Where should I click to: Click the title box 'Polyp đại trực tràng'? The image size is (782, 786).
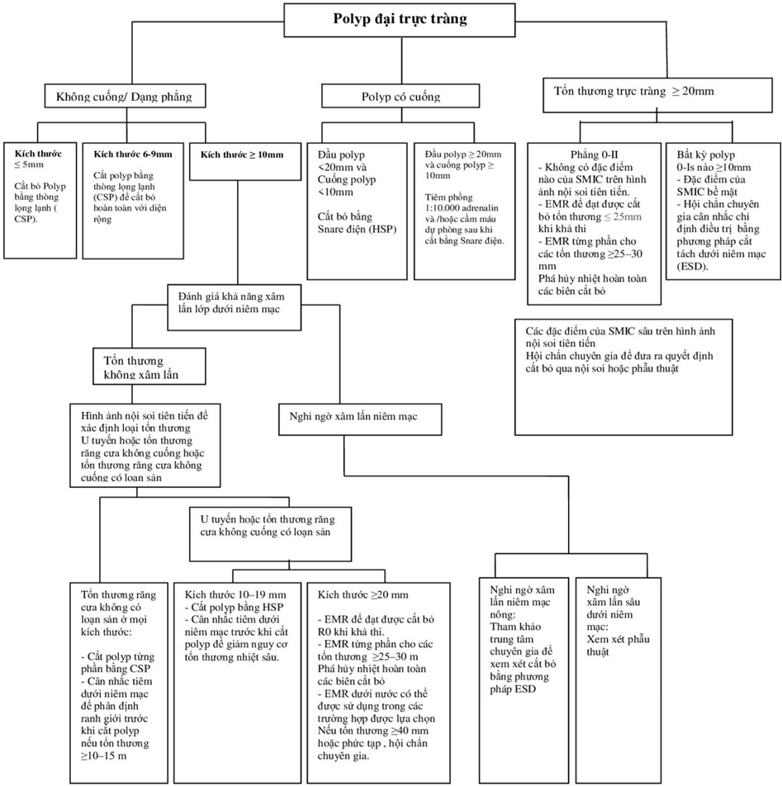pos(400,18)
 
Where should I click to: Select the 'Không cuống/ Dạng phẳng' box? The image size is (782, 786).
pos(123,97)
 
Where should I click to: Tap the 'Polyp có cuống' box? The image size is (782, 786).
pos(400,97)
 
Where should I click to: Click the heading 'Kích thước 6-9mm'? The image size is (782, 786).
pos(133,154)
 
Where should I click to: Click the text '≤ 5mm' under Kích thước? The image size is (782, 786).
pos(35,166)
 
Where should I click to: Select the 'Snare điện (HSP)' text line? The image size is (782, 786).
pos(356,229)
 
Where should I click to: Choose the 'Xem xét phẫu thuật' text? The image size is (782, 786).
pos(614,645)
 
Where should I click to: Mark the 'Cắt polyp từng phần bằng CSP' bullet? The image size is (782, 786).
pos(117,662)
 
